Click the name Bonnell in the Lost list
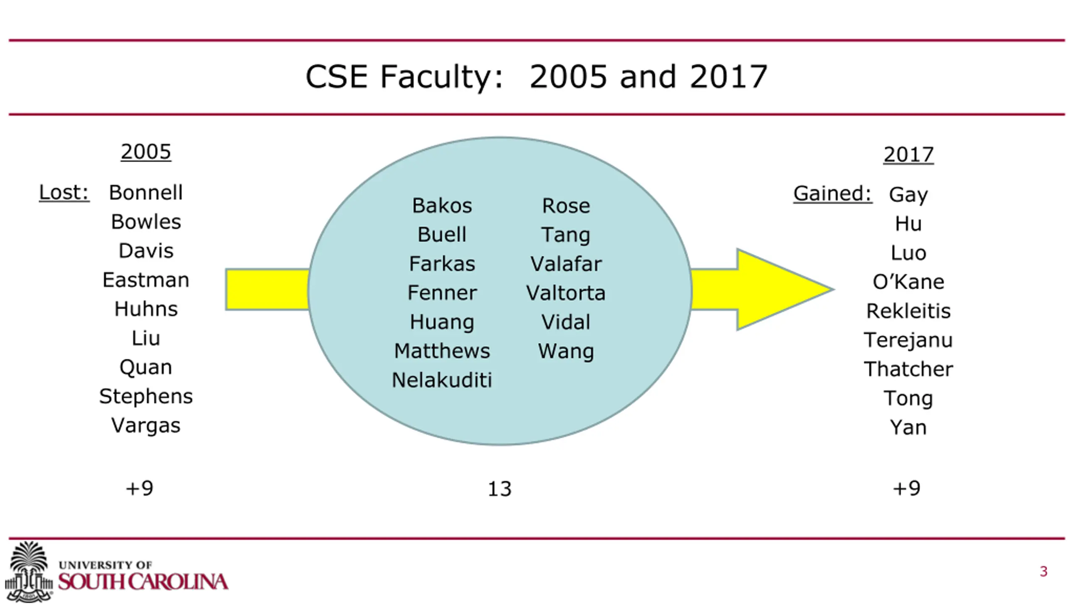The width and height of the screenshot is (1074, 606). (x=146, y=193)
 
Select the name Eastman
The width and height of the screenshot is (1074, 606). (x=146, y=280)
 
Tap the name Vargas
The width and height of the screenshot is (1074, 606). (x=146, y=425)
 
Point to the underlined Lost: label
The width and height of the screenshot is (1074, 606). (x=64, y=193)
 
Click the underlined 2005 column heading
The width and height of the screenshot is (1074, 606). (x=146, y=152)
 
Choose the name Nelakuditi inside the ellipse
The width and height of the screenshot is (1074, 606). (x=441, y=380)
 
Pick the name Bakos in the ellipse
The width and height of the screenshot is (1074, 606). (x=442, y=206)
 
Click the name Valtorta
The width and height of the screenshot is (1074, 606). (x=566, y=293)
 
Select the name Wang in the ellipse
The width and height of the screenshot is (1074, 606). (x=566, y=351)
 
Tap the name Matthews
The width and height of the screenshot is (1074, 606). (x=442, y=351)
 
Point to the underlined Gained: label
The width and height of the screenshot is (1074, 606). (x=832, y=194)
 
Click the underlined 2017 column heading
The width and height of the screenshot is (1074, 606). (x=908, y=154)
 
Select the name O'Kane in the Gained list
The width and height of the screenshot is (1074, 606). (x=908, y=282)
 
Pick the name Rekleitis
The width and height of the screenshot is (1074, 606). (x=908, y=311)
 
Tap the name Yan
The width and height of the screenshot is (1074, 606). (x=908, y=427)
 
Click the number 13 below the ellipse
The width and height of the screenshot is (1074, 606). (x=499, y=489)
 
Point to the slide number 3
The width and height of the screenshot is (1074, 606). (x=1043, y=572)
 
